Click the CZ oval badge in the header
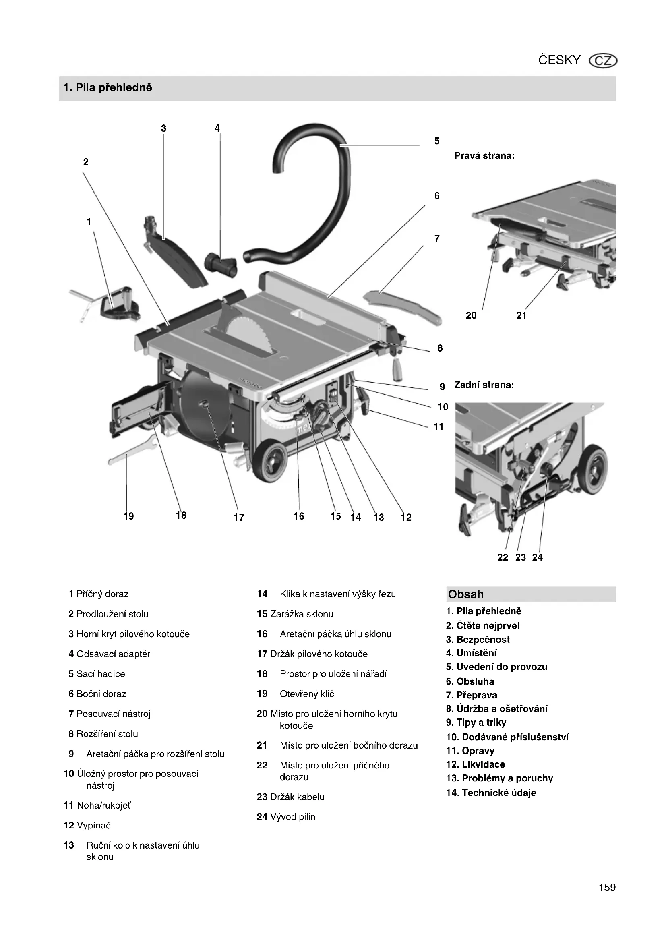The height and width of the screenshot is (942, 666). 603,61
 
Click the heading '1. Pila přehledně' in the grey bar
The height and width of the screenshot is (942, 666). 108,87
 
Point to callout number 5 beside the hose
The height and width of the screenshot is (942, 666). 437,141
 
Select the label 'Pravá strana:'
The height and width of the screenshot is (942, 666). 484,156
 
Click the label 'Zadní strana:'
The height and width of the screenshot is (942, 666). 484,385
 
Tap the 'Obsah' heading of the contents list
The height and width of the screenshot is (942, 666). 465,594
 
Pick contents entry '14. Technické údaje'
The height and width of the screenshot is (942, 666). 491,793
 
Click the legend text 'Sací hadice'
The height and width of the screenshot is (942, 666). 101,674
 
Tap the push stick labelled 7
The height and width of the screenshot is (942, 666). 403,306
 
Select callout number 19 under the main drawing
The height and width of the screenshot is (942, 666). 129,516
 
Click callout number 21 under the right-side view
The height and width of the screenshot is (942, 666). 521,315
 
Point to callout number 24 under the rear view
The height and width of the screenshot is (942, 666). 537,557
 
